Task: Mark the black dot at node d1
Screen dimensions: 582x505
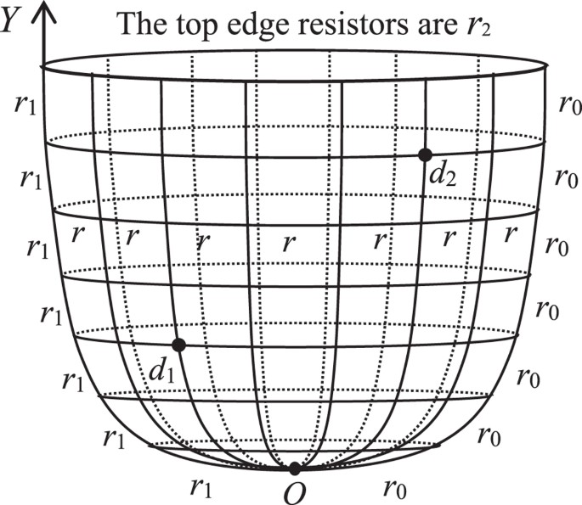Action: [178, 345]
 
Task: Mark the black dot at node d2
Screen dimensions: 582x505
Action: [425, 154]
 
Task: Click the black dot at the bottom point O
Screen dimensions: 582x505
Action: [294, 469]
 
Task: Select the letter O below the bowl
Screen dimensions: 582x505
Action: [294, 491]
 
